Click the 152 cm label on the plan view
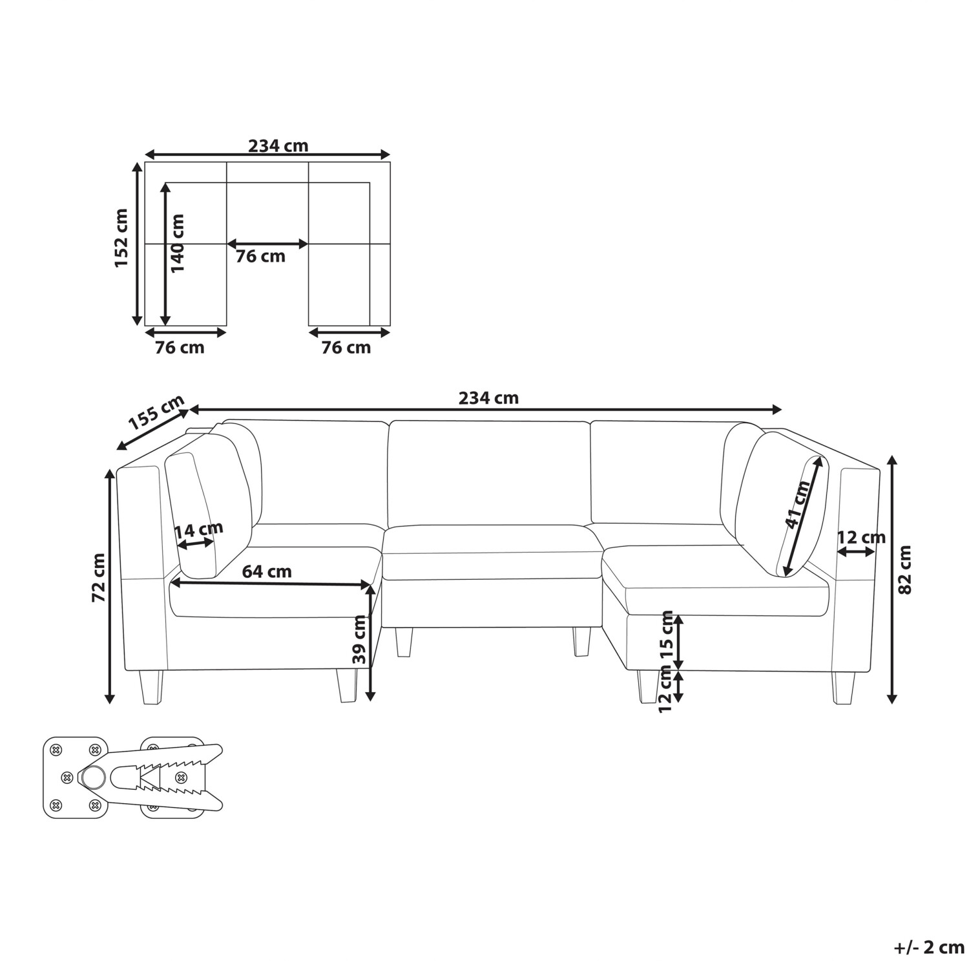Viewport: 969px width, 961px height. [121, 237]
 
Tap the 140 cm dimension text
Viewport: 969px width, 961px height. [177, 242]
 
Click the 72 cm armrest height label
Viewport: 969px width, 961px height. [99, 578]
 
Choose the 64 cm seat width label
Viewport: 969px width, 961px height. [267, 571]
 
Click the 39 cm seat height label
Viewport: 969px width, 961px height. [360, 640]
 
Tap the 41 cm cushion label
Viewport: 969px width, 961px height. [797, 505]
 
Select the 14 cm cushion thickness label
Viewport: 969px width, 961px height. [199, 531]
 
